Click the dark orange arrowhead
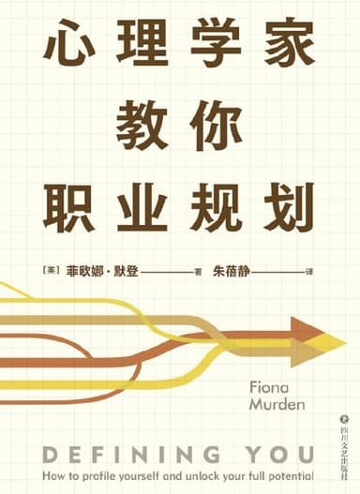click(x=305, y=330)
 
